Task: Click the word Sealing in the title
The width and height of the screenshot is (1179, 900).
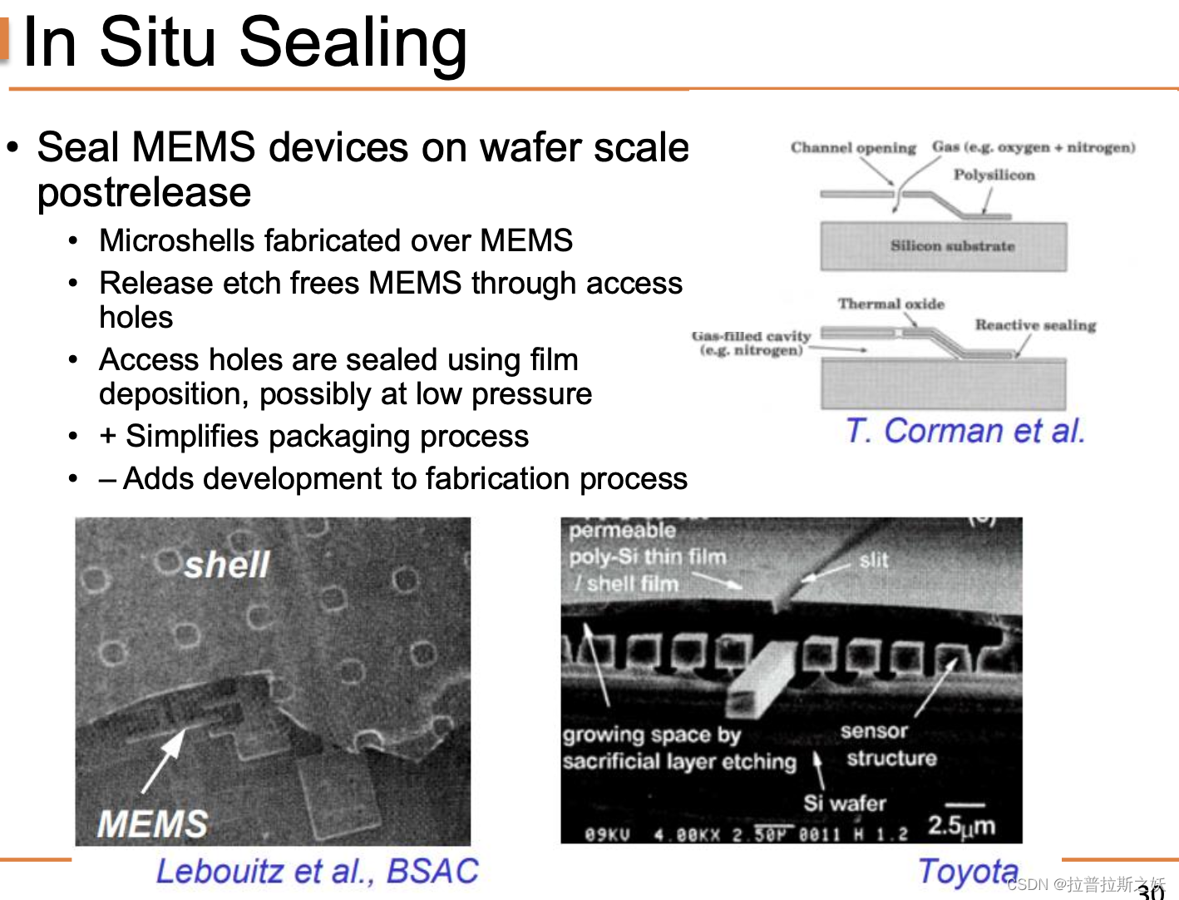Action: (x=353, y=43)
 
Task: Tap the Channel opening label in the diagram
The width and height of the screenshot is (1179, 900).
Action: (x=852, y=148)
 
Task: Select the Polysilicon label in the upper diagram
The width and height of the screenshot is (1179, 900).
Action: (x=994, y=176)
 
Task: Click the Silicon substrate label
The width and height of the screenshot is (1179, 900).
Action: (x=952, y=246)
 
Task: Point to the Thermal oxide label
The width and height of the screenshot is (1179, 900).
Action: (x=890, y=304)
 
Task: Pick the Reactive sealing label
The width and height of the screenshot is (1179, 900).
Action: (x=1035, y=325)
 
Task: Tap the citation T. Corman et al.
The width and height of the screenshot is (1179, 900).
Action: (x=964, y=432)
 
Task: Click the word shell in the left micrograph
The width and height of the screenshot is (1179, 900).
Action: (x=226, y=566)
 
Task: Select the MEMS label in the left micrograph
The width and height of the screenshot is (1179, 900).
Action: (x=152, y=824)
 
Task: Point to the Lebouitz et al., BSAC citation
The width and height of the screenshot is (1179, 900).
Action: (x=317, y=872)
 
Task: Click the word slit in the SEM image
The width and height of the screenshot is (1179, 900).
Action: (x=874, y=561)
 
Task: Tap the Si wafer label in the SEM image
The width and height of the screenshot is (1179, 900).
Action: (x=844, y=804)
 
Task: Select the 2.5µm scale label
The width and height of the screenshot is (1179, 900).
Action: (x=961, y=826)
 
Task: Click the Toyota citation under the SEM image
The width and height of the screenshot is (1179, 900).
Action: (x=968, y=872)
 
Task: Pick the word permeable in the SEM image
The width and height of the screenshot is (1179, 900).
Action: (x=622, y=531)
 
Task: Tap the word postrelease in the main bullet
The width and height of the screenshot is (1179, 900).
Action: (x=144, y=193)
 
